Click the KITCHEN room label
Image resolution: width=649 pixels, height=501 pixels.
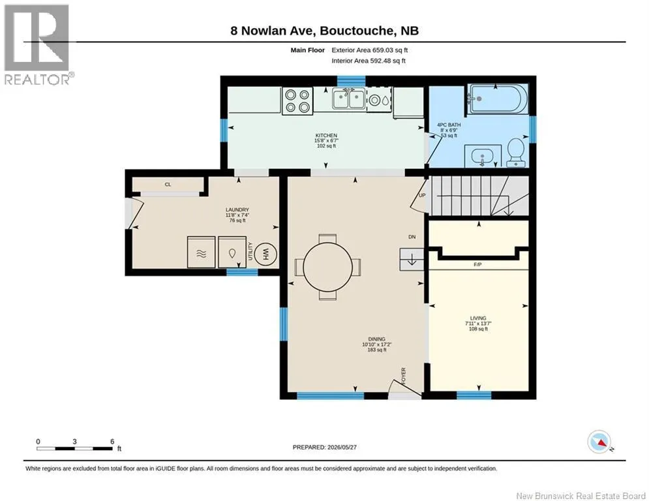(x=326, y=136)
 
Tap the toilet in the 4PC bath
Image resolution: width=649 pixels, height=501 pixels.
(x=516, y=153)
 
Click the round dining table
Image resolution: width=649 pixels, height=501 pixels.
(x=327, y=267)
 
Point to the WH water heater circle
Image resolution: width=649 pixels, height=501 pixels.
(x=265, y=254)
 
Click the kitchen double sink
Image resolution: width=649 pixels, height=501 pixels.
(x=348, y=99)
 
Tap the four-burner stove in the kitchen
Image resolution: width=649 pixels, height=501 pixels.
(x=297, y=100)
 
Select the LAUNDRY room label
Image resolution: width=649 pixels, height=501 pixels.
(x=237, y=210)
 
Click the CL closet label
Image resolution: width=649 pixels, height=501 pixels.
(x=168, y=185)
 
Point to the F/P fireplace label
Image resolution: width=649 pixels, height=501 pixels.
(x=477, y=264)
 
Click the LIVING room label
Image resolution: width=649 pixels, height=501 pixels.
(x=478, y=318)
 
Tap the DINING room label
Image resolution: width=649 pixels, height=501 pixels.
(x=376, y=339)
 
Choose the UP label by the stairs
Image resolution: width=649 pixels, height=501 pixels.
(x=422, y=196)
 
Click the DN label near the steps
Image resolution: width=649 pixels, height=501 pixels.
(x=412, y=237)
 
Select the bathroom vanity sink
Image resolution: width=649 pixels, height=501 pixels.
(x=483, y=156)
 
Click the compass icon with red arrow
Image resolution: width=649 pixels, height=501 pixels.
(x=599, y=442)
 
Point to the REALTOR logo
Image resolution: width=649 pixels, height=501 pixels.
(x=38, y=45)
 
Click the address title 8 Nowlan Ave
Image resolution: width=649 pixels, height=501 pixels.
(x=273, y=31)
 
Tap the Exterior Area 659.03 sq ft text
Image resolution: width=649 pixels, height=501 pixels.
(x=370, y=50)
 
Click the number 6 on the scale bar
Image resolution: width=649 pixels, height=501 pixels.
(x=112, y=442)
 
